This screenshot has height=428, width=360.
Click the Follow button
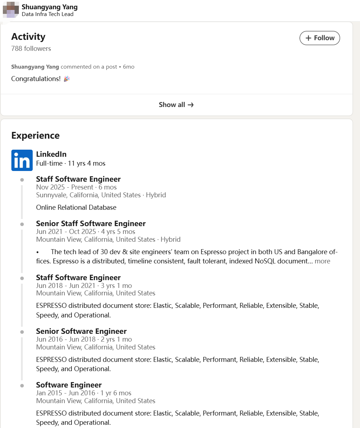(319, 38)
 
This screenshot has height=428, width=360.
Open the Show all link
(176, 105)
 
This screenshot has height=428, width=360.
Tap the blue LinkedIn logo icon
(22, 160)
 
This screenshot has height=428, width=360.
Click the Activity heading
(28, 37)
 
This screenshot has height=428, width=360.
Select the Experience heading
(36, 135)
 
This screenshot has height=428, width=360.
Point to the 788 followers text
(31, 48)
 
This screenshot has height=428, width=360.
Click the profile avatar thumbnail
(11, 10)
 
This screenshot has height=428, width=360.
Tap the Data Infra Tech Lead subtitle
(48, 14)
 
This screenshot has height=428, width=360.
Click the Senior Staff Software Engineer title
(91, 224)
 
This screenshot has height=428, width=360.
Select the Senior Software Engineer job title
(81, 331)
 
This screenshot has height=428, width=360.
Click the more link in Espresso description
(322, 261)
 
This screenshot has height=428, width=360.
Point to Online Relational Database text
(76, 207)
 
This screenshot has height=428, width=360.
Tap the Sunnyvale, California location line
(101, 195)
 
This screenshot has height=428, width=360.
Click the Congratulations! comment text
(36, 79)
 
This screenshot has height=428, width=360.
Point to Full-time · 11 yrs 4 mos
(71, 164)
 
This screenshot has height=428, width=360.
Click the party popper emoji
(66, 79)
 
